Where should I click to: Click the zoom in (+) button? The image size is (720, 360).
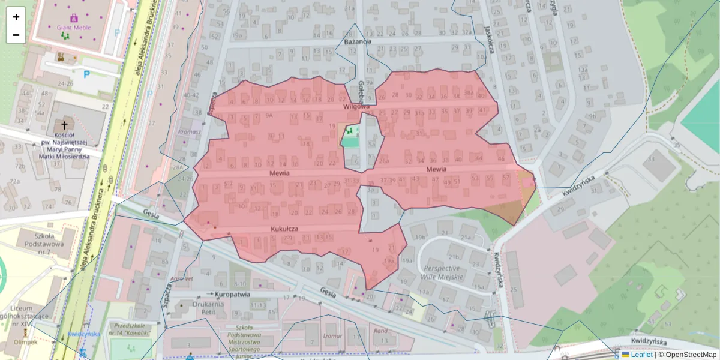[x=16, y=17]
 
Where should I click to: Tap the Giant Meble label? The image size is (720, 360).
[x=74, y=28]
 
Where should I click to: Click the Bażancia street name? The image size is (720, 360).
[x=358, y=41]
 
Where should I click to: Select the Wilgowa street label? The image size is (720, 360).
[x=356, y=106]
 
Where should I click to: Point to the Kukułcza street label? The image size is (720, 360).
[x=284, y=229]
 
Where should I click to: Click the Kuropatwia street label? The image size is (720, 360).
[x=232, y=295]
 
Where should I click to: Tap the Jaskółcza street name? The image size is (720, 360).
[x=490, y=40]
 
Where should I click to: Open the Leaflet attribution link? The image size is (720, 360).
[x=641, y=355]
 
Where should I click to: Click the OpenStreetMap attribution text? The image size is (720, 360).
[x=688, y=355]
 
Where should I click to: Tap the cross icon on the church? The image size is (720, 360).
[x=64, y=125]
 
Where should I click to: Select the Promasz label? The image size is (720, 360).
[x=189, y=131]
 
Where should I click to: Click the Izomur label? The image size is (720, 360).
[x=332, y=336]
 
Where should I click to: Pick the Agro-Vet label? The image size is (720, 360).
[x=181, y=278]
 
